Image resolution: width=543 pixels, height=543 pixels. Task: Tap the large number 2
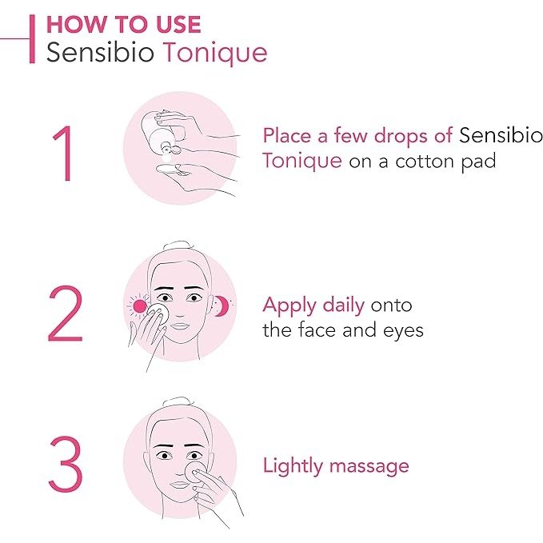tap(65, 313)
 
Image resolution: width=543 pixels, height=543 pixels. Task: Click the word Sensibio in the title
tap(101, 53)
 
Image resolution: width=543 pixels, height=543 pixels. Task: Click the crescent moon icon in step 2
tap(220, 305)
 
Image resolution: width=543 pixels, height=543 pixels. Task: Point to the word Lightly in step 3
tap(292, 465)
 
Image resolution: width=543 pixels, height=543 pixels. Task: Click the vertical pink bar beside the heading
tap(31, 38)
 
